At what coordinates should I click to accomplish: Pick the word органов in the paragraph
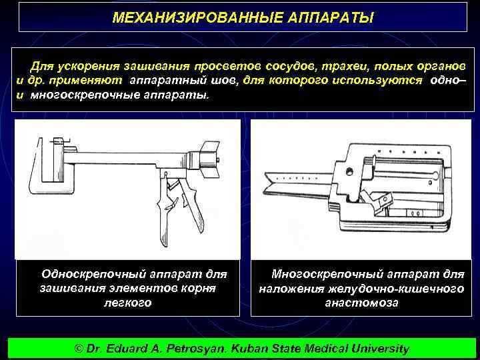439,67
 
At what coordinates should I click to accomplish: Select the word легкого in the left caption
127,302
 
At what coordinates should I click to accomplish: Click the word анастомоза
361,302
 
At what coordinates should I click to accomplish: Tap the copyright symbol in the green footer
79,349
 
